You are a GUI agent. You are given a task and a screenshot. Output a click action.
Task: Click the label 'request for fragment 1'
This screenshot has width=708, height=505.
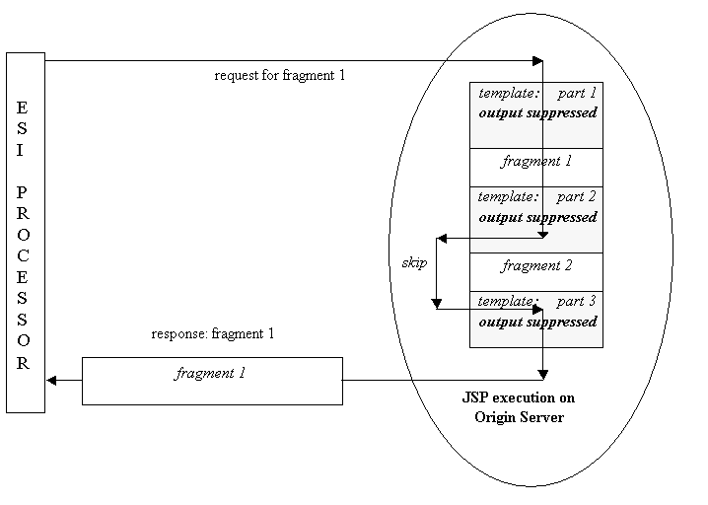[x=279, y=76]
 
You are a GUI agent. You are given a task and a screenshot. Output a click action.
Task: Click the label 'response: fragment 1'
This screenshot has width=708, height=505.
[x=212, y=334]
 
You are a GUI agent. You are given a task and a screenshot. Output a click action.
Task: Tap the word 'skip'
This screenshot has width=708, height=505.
[x=414, y=263]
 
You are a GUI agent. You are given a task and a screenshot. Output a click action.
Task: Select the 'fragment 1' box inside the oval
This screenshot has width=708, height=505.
[x=536, y=161]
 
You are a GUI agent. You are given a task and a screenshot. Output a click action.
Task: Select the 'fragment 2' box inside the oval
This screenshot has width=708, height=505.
[x=536, y=266]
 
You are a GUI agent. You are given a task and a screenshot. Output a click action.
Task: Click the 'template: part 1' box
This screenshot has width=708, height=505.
[x=536, y=114]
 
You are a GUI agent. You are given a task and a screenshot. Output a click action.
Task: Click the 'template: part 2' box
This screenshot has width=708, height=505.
[x=536, y=219]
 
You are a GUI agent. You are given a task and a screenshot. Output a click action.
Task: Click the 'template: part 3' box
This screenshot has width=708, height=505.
[x=536, y=319]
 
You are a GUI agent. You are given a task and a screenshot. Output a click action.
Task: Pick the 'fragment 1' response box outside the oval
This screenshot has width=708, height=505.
[x=211, y=380]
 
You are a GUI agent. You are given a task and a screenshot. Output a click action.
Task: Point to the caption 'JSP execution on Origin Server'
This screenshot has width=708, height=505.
[x=518, y=406]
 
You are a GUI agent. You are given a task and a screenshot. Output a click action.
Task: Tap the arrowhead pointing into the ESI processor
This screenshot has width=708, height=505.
[x=51, y=380]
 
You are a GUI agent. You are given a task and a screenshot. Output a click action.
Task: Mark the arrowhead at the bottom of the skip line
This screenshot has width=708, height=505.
[x=436, y=302]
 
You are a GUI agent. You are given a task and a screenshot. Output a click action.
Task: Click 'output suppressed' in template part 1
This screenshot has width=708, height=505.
[x=537, y=113]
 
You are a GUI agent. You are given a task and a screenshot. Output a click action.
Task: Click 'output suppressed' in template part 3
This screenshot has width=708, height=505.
[x=537, y=323]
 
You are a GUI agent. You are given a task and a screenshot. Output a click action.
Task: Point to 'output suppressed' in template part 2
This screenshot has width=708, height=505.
[x=537, y=217]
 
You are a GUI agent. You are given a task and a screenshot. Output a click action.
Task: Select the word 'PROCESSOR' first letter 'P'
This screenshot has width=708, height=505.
[x=23, y=191]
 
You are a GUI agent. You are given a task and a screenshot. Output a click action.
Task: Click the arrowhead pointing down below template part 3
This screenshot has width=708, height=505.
[x=543, y=374]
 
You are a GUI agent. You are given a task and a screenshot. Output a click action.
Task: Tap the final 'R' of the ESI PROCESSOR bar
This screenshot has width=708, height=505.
[x=23, y=363]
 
